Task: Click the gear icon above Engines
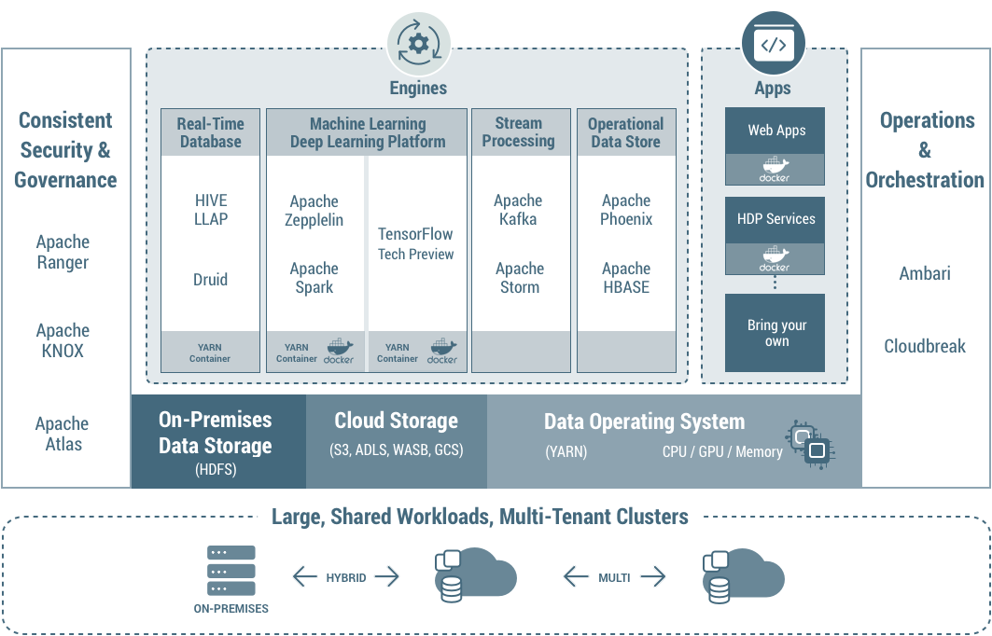click(419, 43)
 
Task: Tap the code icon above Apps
click(773, 44)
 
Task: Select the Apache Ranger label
click(63, 252)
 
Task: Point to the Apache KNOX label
click(63, 340)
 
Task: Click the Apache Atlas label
click(63, 434)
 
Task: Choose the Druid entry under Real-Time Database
click(210, 279)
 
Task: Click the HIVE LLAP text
click(211, 210)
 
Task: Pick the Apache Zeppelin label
click(314, 211)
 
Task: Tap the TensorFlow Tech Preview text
click(416, 243)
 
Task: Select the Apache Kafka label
click(518, 210)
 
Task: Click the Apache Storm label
click(520, 278)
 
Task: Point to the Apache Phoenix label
click(626, 210)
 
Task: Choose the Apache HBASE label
click(626, 278)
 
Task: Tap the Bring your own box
click(775, 333)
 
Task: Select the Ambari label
click(925, 273)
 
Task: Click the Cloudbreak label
click(925, 346)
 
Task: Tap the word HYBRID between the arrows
click(346, 578)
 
